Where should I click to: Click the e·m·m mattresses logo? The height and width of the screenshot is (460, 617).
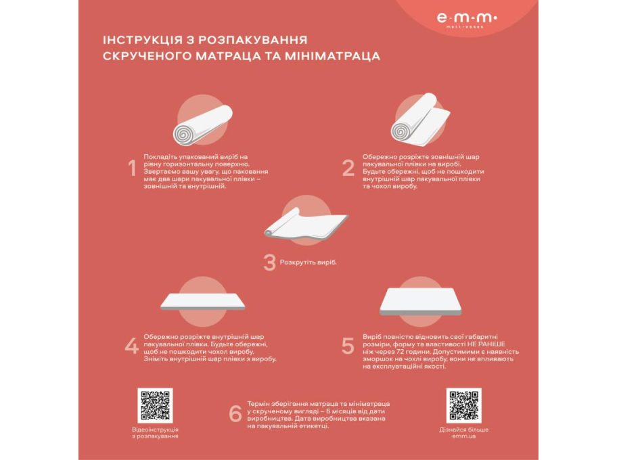click(x=467, y=20)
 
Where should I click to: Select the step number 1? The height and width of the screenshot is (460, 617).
click(x=132, y=168)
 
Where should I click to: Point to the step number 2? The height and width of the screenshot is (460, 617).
click(x=348, y=168)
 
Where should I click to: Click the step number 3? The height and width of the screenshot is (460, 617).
click(x=269, y=262)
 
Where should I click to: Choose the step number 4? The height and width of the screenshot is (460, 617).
click(x=131, y=346)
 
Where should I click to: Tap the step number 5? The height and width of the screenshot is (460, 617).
click(x=348, y=346)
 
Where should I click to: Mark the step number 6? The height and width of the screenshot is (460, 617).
click(x=235, y=413)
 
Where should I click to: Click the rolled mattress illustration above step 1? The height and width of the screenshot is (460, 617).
click(x=203, y=124)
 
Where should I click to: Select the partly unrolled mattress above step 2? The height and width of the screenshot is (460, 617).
click(x=420, y=120)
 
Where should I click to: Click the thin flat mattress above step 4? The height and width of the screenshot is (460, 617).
click(x=203, y=302)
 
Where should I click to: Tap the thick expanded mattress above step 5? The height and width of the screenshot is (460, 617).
click(x=420, y=302)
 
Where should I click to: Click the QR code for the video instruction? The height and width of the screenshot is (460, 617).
click(x=155, y=406)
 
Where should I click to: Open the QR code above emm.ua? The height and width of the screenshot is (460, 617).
click(x=464, y=406)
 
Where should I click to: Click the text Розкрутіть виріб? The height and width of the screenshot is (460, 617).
click(x=308, y=262)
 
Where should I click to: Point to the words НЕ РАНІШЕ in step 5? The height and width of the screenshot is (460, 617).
click(x=486, y=344)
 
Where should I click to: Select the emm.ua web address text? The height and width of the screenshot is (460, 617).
click(x=464, y=436)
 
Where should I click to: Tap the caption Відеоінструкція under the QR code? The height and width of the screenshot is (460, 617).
click(x=155, y=430)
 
